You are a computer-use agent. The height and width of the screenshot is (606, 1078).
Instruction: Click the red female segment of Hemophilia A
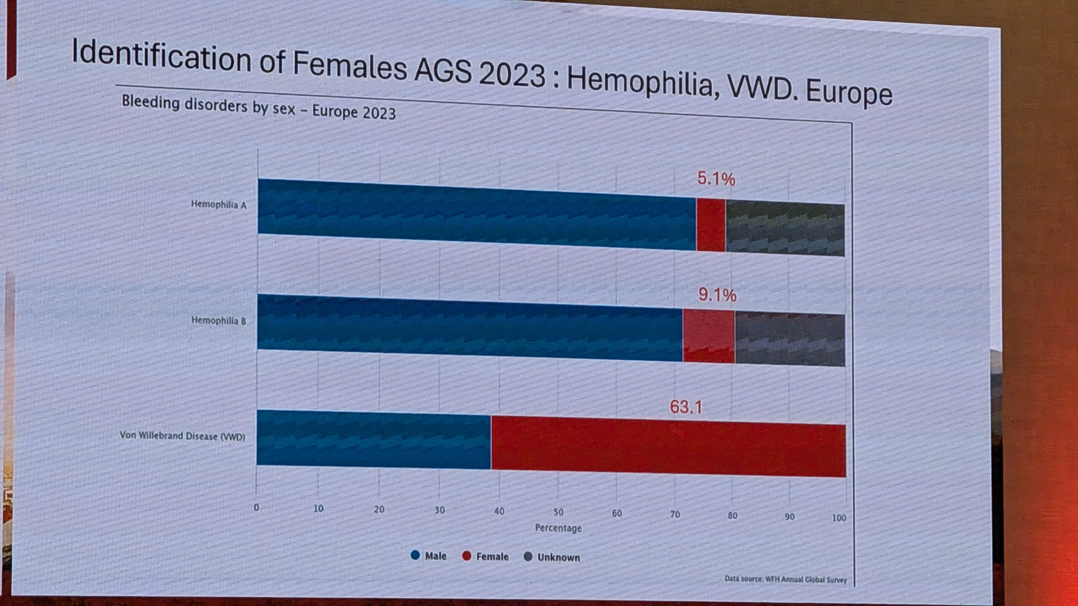(711, 225)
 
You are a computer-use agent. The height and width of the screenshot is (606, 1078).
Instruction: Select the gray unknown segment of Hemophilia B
(790, 340)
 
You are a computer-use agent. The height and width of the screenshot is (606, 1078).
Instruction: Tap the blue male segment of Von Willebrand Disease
(374, 439)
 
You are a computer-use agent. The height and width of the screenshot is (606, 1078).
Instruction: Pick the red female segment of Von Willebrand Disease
(668, 450)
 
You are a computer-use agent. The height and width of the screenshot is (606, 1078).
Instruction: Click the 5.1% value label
(716, 179)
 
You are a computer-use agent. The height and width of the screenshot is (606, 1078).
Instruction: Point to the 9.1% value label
(717, 295)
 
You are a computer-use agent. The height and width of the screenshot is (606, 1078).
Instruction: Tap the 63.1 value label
(686, 407)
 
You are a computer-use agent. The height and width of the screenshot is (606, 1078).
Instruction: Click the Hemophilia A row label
(219, 205)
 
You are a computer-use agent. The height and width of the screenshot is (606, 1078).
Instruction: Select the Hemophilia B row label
(219, 320)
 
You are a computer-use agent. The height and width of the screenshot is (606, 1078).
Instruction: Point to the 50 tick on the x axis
(558, 512)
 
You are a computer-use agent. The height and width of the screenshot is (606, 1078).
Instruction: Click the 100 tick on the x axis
(839, 518)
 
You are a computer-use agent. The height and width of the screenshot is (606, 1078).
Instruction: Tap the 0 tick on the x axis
(256, 508)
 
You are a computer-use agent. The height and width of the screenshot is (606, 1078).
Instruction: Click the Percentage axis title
(558, 528)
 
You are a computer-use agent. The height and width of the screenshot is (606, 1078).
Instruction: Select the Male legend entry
(429, 556)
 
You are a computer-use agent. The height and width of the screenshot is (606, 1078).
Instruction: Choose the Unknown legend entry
(552, 558)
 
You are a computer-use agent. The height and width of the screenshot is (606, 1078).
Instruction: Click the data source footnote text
(785, 579)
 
